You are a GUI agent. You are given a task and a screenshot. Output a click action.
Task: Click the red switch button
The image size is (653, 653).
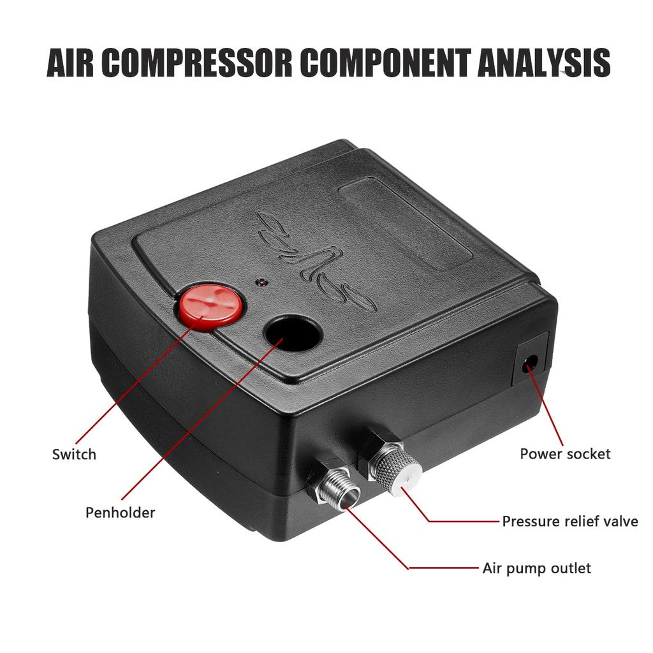point(210,306)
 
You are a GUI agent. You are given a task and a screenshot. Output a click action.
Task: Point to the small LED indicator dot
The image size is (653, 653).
point(261,282)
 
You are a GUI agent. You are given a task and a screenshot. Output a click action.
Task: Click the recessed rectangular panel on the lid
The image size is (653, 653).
point(406,225)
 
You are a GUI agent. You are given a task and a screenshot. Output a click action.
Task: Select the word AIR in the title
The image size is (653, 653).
point(70,63)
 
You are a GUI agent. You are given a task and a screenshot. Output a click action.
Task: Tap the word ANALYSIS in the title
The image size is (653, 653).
point(544,63)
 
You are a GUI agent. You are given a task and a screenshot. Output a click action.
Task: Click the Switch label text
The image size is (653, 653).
point(74,454)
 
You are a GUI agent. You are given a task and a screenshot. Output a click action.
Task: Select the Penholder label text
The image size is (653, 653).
point(120,512)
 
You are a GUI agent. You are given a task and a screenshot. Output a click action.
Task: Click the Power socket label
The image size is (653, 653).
point(565,453)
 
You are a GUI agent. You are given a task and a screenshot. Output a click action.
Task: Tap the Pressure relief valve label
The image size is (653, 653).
point(569,521)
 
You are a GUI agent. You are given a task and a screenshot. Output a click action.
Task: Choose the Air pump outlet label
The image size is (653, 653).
point(536,568)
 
